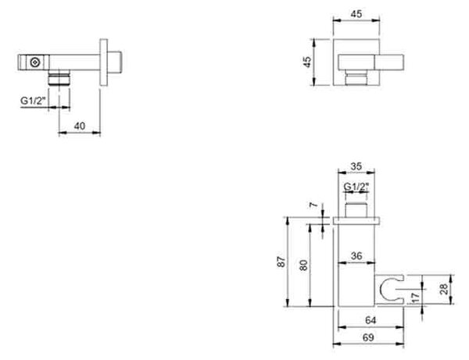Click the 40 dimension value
[x=79, y=126]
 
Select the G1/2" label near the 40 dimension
[x=34, y=101]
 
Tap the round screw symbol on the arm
[x=35, y=62]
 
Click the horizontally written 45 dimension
[x=356, y=14]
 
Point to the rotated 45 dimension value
[x=307, y=62]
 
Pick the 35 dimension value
[x=356, y=166]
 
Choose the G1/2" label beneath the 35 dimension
[x=356, y=187]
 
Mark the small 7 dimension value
[x=313, y=205]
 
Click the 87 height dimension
[x=281, y=262]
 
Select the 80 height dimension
[x=303, y=266]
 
